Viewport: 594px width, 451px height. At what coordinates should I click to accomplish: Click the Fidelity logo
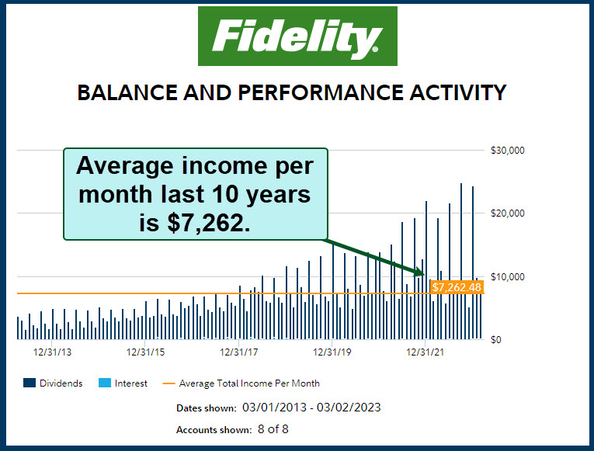pos(297,36)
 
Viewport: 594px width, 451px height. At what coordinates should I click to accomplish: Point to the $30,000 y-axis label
pos(509,151)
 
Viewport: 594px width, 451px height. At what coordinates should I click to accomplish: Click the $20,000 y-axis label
pos(509,213)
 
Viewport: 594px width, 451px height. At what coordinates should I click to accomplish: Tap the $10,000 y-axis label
pos(509,277)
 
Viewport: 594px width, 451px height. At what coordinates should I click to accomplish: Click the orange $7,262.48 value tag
pos(457,287)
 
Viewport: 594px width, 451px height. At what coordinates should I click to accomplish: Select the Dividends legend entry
pos(53,383)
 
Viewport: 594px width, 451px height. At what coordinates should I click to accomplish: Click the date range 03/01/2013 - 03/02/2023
pos(311,407)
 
